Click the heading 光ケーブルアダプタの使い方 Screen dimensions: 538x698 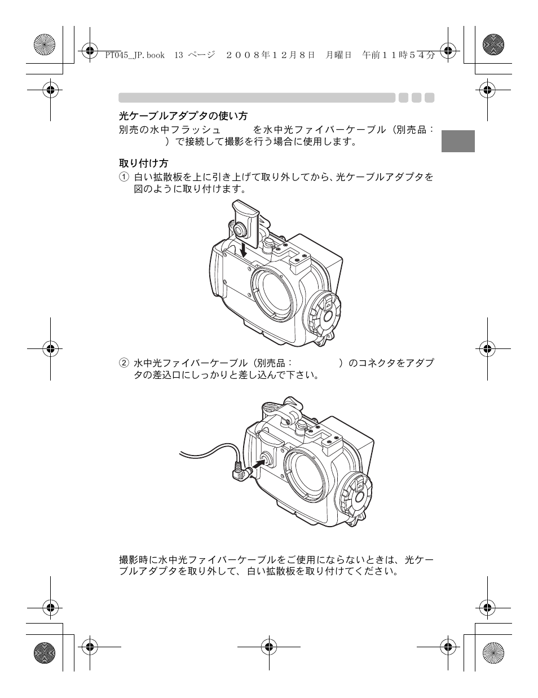(x=183, y=116)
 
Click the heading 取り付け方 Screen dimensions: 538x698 (x=143, y=163)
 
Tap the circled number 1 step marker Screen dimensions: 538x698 (x=123, y=177)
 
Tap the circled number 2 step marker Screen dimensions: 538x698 (x=123, y=363)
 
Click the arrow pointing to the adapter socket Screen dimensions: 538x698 (x=257, y=464)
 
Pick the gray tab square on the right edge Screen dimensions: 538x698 (x=458, y=141)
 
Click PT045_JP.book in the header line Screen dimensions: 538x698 (x=135, y=55)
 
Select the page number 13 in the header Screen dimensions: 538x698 (x=179, y=55)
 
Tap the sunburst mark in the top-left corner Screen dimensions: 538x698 (x=45, y=45)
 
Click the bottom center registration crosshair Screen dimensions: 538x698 (x=269, y=647)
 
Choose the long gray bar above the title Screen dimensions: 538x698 (x=257, y=98)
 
